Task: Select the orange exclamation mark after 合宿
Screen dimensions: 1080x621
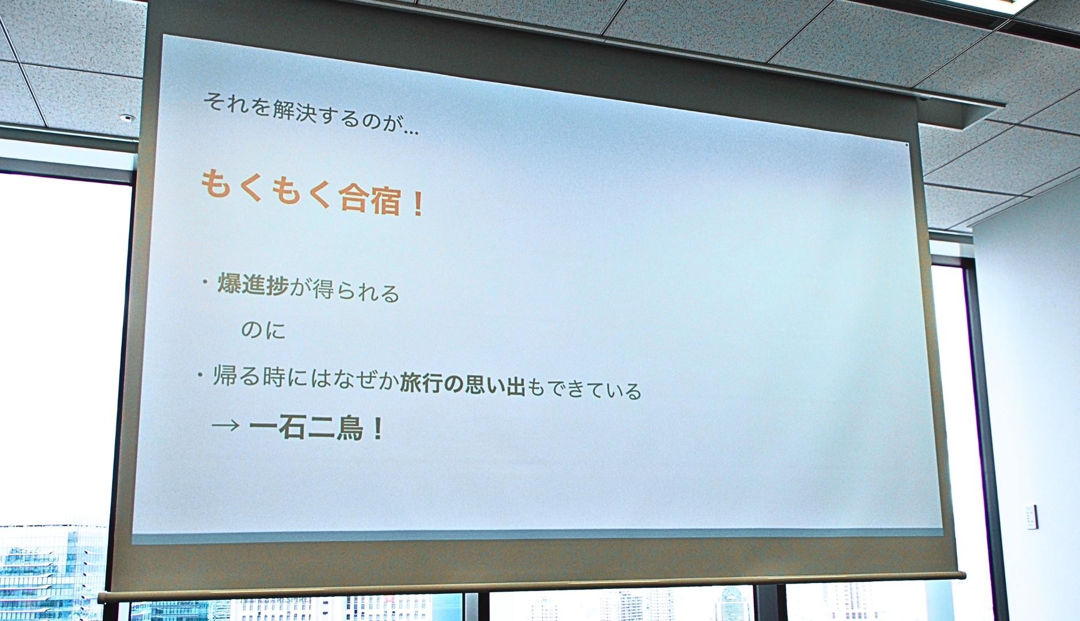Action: (418, 205)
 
